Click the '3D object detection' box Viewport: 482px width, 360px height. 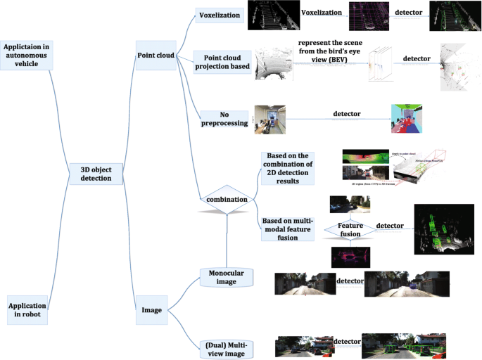click(x=101, y=173)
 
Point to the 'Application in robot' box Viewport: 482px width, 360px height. click(x=27, y=310)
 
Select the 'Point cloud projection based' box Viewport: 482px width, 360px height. click(x=222, y=62)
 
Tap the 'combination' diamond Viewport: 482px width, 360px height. click(x=226, y=200)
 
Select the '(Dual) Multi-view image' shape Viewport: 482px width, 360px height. click(x=227, y=347)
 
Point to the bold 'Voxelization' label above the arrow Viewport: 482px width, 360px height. click(x=321, y=12)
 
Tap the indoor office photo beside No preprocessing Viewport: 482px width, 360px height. click(x=270, y=119)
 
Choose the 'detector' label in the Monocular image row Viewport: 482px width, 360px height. click(x=350, y=281)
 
